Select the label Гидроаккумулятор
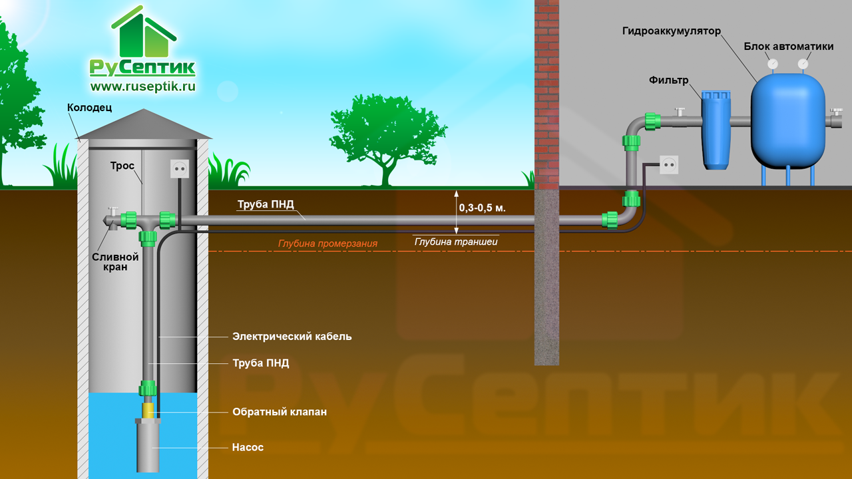click(x=672, y=31)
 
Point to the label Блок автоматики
click(x=788, y=46)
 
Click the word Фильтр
click(x=669, y=80)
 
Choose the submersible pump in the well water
click(x=148, y=444)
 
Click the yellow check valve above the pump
click(x=148, y=408)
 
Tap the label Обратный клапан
click(x=280, y=412)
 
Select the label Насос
click(x=248, y=448)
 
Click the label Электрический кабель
click(x=292, y=337)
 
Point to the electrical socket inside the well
click(x=178, y=170)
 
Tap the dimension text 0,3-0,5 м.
click(x=483, y=208)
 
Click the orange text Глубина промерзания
click(x=327, y=244)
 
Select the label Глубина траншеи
click(x=456, y=241)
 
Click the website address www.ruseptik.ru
click(x=143, y=86)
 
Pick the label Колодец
click(x=89, y=107)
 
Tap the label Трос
click(x=122, y=166)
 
